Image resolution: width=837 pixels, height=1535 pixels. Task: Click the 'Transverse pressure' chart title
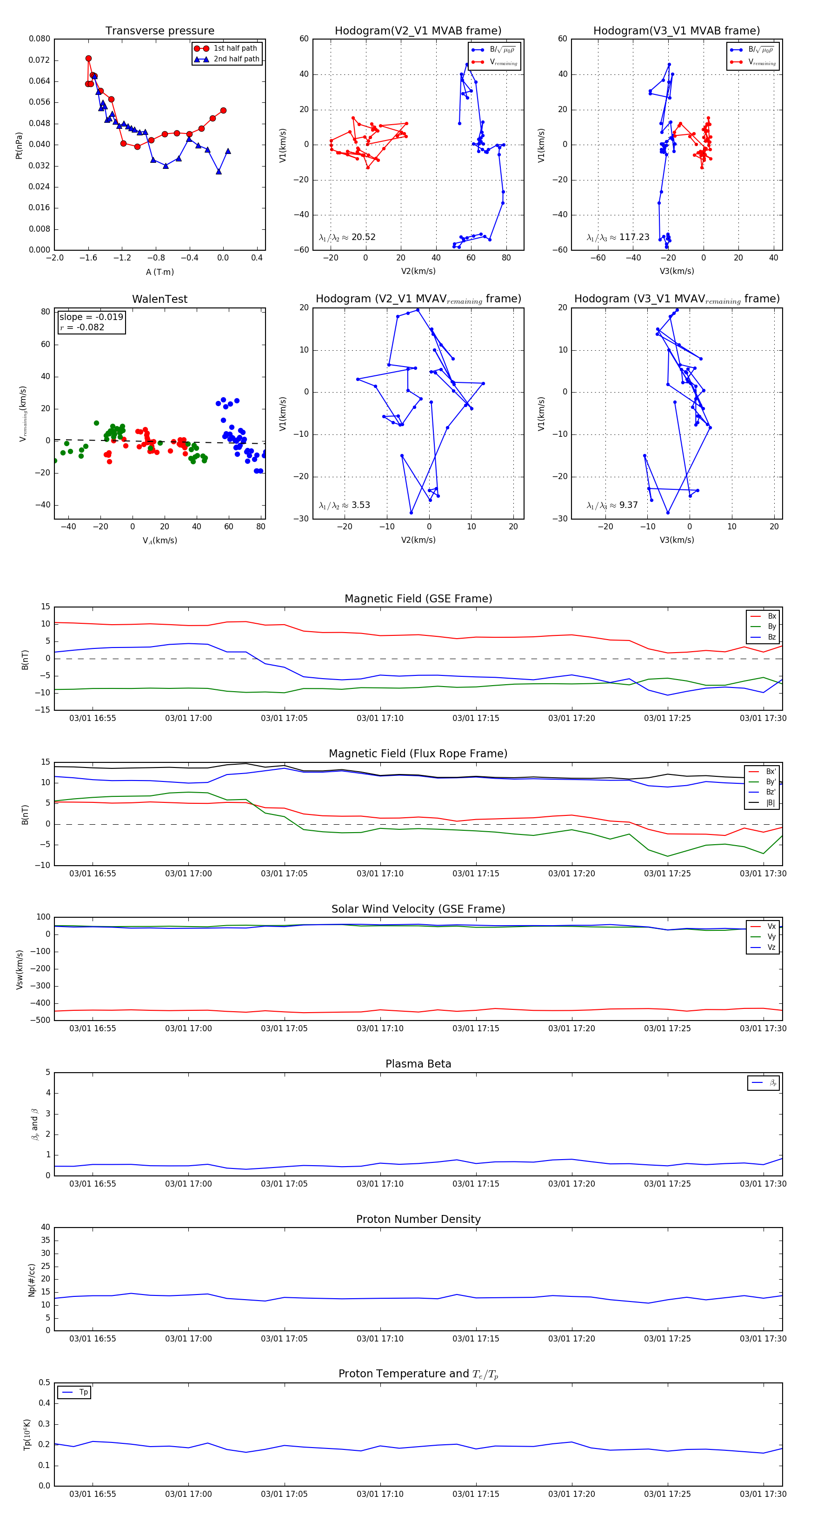(159, 31)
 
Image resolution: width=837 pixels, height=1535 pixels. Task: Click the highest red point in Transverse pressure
(88, 59)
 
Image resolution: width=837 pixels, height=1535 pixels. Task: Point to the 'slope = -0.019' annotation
(91, 317)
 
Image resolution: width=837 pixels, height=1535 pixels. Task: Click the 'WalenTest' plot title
(159, 299)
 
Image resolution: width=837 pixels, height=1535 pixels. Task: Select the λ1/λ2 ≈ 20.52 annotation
(347, 237)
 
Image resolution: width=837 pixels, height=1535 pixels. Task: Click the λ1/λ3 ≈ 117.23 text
(618, 237)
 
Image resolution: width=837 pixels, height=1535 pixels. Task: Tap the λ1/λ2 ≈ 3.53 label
(344, 505)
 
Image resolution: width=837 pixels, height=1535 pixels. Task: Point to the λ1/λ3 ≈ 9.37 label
(612, 505)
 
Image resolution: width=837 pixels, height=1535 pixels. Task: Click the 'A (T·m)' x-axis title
(159, 272)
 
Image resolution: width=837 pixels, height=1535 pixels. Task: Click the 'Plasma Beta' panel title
(418, 1064)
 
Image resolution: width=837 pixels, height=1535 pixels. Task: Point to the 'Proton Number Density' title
(418, 1219)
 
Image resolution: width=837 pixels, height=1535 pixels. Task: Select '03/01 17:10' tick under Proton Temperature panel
(380, 1494)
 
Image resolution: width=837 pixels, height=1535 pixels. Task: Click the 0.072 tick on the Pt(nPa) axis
(40, 60)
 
